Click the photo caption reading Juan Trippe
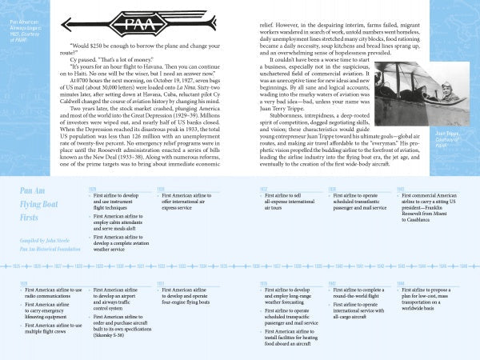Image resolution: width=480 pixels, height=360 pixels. pos(456,138)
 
